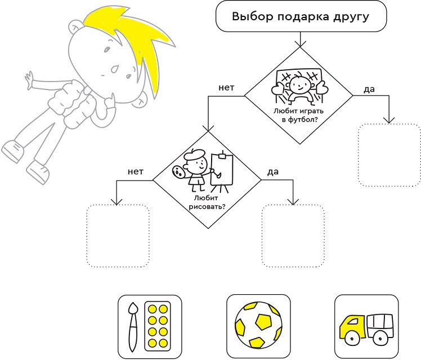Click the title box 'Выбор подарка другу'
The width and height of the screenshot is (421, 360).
pyautogui.click(x=301, y=16)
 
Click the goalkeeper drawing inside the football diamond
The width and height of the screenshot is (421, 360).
pyautogui.click(x=298, y=86)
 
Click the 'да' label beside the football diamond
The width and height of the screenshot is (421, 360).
pyautogui.click(x=370, y=89)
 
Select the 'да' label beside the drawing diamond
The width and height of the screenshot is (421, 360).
pyautogui.click(x=273, y=172)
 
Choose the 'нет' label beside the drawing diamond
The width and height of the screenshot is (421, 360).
pyautogui.click(x=136, y=172)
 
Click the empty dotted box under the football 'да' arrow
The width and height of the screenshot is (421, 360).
pyautogui.click(x=389, y=155)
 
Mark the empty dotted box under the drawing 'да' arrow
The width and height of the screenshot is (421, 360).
pyautogui.click(x=293, y=236)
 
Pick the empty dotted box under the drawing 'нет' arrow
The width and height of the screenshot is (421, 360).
pyautogui.click(x=117, y=236)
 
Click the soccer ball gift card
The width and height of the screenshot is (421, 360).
pyautogui.click(x=258, y=326)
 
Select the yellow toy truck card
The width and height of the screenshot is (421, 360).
pyautogui.click(x=366, y=326)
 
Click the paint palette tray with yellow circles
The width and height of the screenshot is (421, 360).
pyautogui.click(x=159, y=326)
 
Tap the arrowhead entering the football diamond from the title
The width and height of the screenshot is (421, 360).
pyautogui.click(x=300, y=43)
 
